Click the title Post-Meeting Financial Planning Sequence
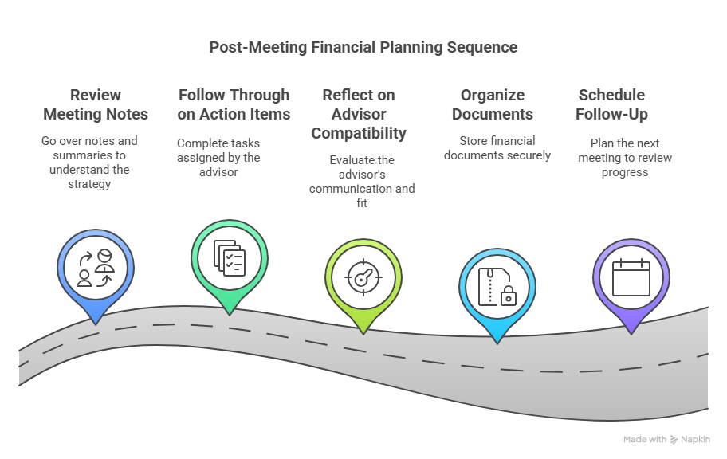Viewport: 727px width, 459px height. (363, 47)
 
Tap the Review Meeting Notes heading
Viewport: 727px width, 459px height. (96, 104)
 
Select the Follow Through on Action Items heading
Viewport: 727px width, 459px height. (234, 104)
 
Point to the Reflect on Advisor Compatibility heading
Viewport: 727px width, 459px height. (358, 113)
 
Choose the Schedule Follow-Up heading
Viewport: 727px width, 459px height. (611, 104)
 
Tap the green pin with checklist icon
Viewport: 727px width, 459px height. (230, 257)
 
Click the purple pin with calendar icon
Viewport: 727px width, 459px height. (631, 275)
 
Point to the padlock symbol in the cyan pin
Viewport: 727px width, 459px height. (508, 297)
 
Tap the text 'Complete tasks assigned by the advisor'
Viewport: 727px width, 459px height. (218, 157)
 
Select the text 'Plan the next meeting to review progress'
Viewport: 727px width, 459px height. (631, 158)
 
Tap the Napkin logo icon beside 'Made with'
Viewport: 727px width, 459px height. (674, 439)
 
